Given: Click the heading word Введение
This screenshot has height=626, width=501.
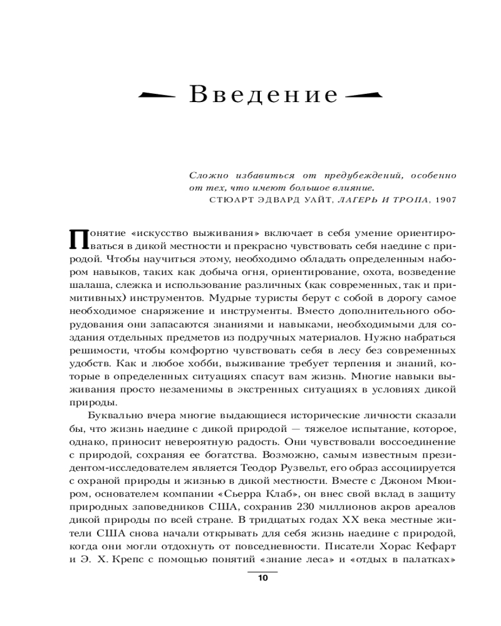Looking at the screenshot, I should pyautogui.click(x=264, y=95).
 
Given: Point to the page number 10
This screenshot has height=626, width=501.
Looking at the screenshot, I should pyautogui.click(x=262, y=578).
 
